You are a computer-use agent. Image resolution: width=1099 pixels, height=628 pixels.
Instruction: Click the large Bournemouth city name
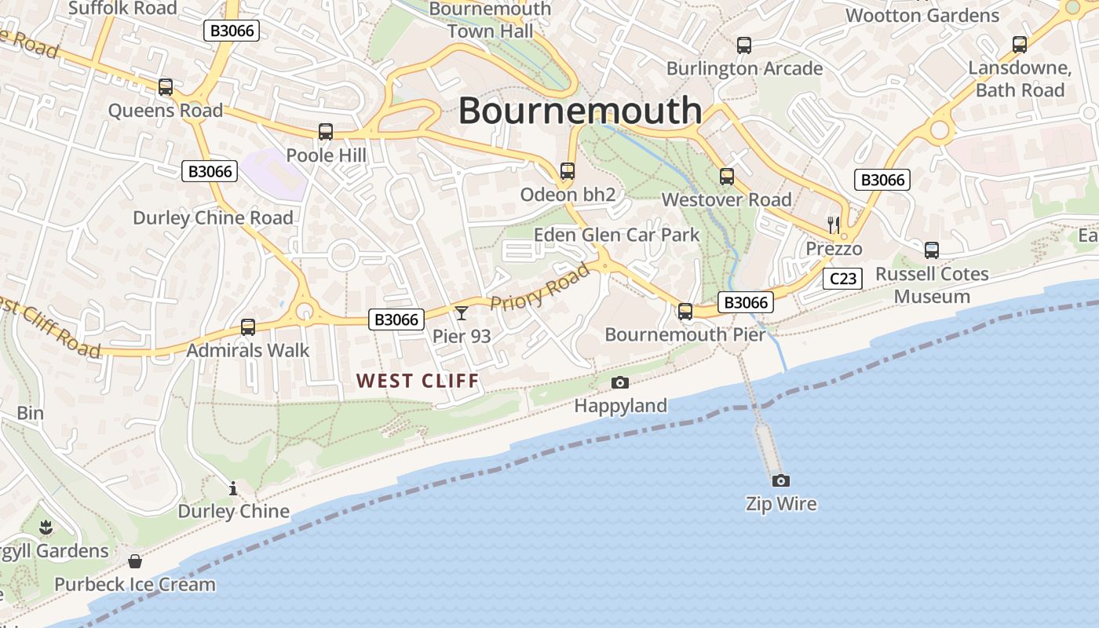pyautogui.click(x=579, y=110)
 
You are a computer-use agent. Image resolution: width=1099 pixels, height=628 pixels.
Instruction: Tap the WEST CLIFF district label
pyautogui.click(x=417, y=382)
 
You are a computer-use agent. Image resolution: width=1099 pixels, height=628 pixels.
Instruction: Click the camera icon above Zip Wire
pyautogui.click(x=780, y=480)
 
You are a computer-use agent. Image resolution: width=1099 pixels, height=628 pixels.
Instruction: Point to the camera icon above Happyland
pyautogui.click(x=620, y=382)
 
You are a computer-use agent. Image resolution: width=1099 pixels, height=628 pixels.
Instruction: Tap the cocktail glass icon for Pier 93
pyautogui.click(x=461, y=313)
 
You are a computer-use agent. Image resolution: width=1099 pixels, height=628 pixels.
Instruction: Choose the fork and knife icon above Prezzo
pyautogui.click(x=834, y=225)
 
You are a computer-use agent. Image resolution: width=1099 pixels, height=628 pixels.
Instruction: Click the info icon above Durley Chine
pyautogui.click(x=232, y=488)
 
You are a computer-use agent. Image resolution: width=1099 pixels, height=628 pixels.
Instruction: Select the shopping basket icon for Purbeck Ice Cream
pyautogui.click(x=135, y=561)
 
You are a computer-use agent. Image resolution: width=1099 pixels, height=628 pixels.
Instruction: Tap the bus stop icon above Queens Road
pyautogui.click(x=165, y=87)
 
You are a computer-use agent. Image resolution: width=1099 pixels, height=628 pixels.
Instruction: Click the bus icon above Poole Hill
pyautogui.click(x=326, y=132)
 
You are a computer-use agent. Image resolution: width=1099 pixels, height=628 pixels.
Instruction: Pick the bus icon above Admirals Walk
pyautogui.click(x=248, y=327)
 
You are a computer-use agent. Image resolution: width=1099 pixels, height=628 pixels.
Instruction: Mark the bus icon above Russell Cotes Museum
pyautogui.click(x=931, y=250)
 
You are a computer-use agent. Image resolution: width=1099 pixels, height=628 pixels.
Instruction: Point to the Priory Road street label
pyautogui.click(x=539, y=287)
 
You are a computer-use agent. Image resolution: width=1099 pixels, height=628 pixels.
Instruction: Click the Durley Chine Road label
pyautogui.click(x=213, y=218)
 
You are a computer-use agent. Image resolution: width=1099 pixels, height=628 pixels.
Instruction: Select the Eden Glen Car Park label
pyautogui.click(x=616, y=235)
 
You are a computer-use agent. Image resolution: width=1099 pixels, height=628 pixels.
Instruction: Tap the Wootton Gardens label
pyautogui.click(x=922, y=15)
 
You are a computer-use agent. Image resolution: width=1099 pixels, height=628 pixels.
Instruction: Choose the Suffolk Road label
pyautogui.click(x=122, y=8)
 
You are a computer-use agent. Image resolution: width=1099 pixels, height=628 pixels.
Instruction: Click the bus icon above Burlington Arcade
pyautogui.click(x=744, y=46)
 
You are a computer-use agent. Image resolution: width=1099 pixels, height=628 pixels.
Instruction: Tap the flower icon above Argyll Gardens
pyautogui.click(x=46, y=527)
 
